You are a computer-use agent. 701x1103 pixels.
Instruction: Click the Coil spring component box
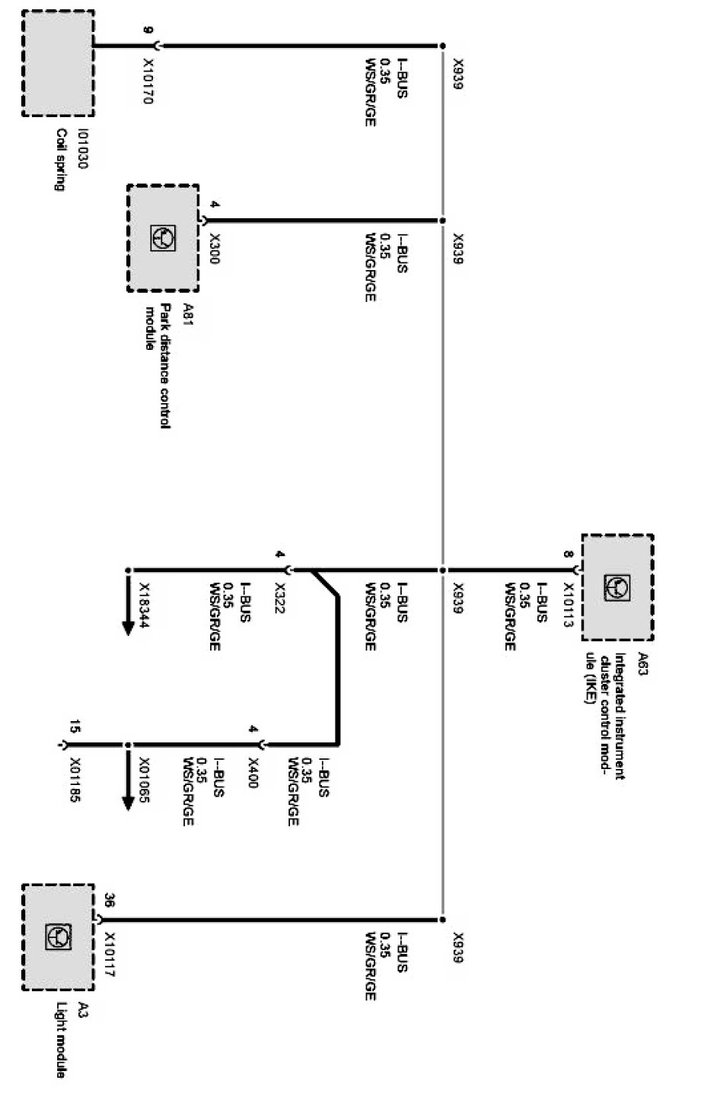[58, 63]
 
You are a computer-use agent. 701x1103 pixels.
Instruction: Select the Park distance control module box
[163, 238]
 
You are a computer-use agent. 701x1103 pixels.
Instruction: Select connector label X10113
[569, 604]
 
